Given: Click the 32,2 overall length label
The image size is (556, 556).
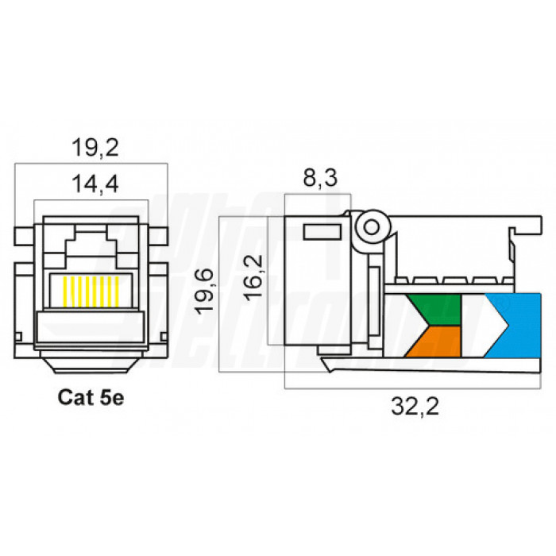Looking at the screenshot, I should point(415,407).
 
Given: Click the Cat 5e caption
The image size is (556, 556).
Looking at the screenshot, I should point(91,397).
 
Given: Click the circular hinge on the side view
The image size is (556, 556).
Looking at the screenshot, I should point(369,228).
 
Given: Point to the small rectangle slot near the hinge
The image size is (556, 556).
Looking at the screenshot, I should point(321,232).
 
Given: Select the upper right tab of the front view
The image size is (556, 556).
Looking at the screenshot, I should point(162,237).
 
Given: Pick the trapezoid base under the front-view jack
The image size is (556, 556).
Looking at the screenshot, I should point(92,365).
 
